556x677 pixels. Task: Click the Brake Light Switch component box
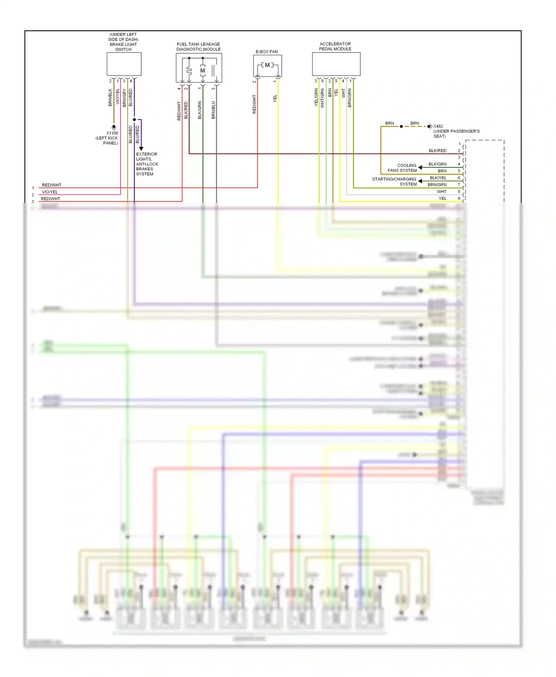(124, 64)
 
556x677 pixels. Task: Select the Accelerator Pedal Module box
(336, 64)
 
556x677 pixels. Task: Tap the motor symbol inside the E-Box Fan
(267, 65)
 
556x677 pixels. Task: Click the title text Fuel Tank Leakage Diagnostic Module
(198, 47)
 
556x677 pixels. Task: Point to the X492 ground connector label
(438, 126)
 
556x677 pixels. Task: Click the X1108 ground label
(112, 133)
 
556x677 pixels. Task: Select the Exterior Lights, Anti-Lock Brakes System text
(147, 164)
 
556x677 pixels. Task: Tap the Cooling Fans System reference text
(402, 168)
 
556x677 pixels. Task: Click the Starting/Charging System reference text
(394, 181)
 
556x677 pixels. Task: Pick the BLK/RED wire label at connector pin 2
(437, 151)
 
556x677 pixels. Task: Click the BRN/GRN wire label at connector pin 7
(437, 184)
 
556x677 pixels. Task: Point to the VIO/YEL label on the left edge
(50, 192)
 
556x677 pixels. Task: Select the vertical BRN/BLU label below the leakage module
(214, 110)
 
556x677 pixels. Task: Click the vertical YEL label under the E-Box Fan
(275, 99)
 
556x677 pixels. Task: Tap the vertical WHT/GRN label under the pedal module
(322, 98)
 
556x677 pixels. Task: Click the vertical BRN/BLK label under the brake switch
(110, 97)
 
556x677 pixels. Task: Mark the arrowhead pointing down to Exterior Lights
(141, 149)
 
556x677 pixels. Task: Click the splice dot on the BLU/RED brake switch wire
(134, 120)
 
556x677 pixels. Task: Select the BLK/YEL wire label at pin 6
(438, 178)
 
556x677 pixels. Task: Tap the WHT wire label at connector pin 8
(441, 191)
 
